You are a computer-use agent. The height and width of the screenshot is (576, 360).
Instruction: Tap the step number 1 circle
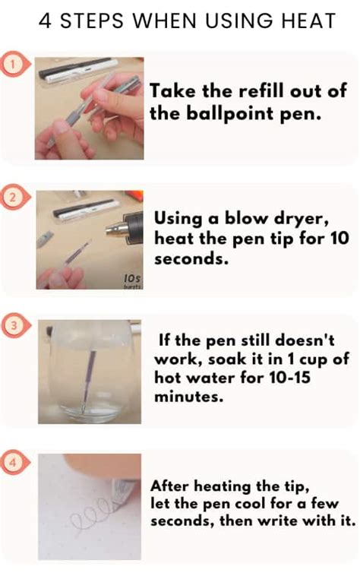[12, 65]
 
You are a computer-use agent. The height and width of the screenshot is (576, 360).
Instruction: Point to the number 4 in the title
[45, 21]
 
